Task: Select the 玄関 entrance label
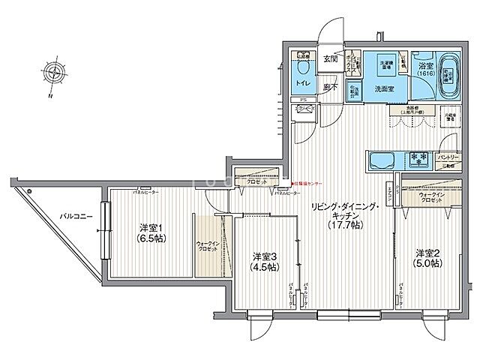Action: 331,58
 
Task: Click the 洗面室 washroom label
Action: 386,88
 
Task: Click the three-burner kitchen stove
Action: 418,159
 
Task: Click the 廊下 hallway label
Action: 329,87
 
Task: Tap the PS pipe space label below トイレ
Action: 302,99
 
